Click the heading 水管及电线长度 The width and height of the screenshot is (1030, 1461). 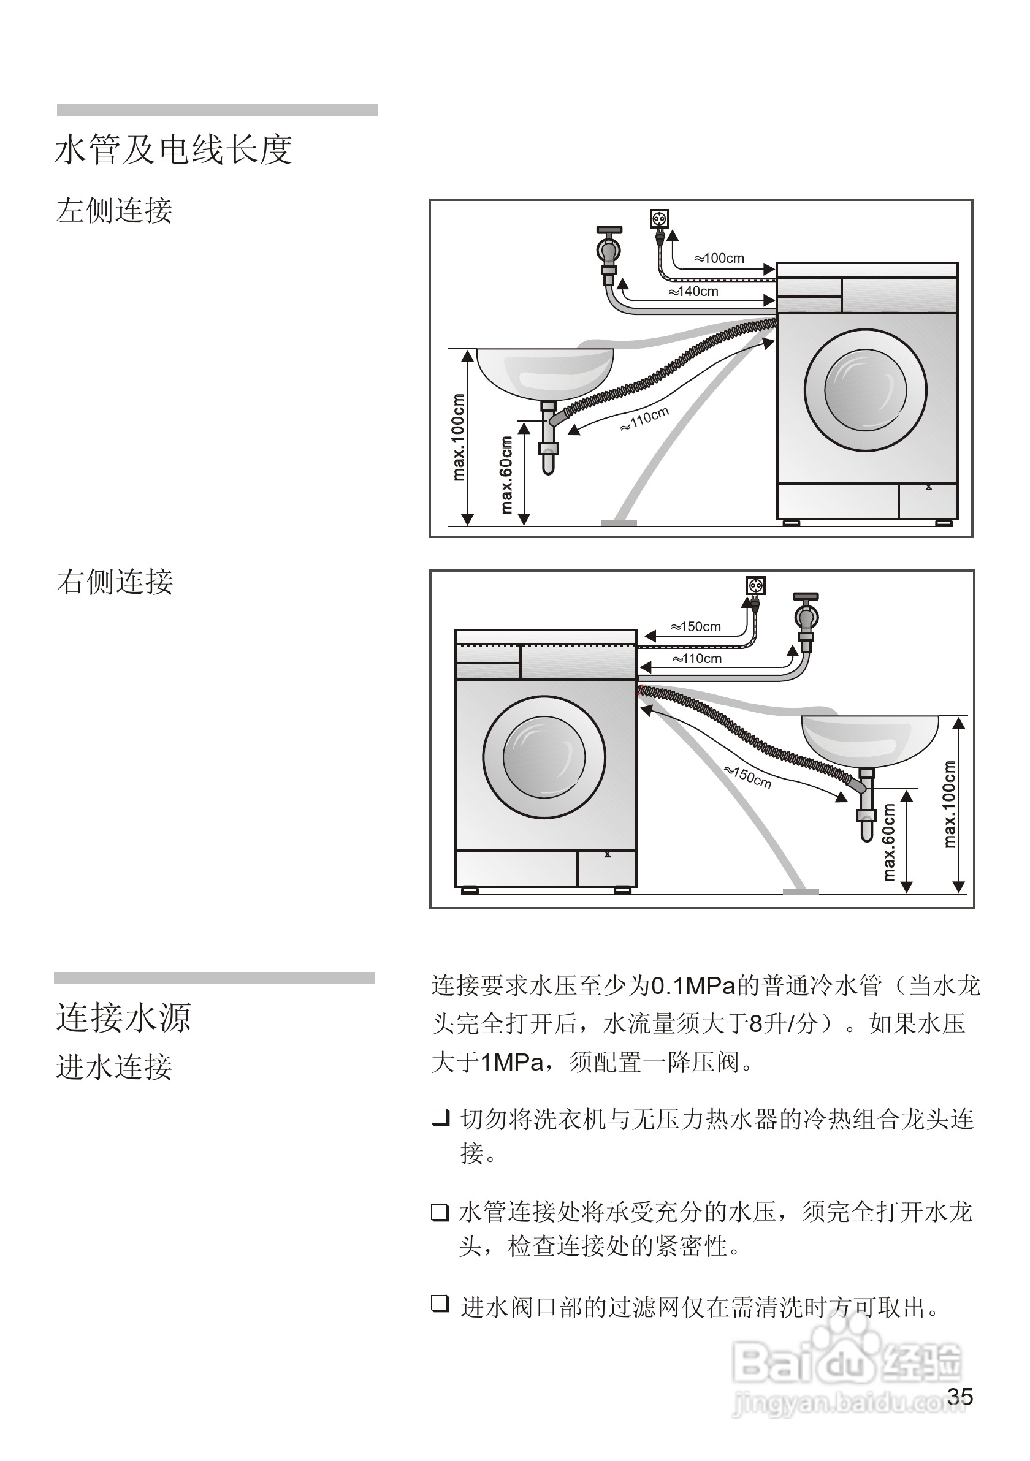tap(174, 150)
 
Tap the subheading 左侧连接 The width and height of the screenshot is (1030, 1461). tap(115, 211)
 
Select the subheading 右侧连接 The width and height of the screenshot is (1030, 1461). tap(115, 582)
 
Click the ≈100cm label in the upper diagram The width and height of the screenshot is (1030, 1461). tap(719, 259)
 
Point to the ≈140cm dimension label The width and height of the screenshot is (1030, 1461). tap(693, 292)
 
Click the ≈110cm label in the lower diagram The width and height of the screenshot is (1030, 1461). tap(697, 659)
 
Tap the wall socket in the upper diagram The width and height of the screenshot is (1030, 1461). tap(660, 219)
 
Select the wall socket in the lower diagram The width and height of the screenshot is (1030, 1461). tap(755, 585)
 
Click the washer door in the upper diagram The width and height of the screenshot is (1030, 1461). tap(865, 389)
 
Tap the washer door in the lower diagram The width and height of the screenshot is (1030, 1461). tap(544, 757)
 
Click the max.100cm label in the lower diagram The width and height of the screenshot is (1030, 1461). tap(949, 805)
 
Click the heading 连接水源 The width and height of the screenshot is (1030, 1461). tap(123, 1017)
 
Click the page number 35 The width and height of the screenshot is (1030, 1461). tap(959, 1396)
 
